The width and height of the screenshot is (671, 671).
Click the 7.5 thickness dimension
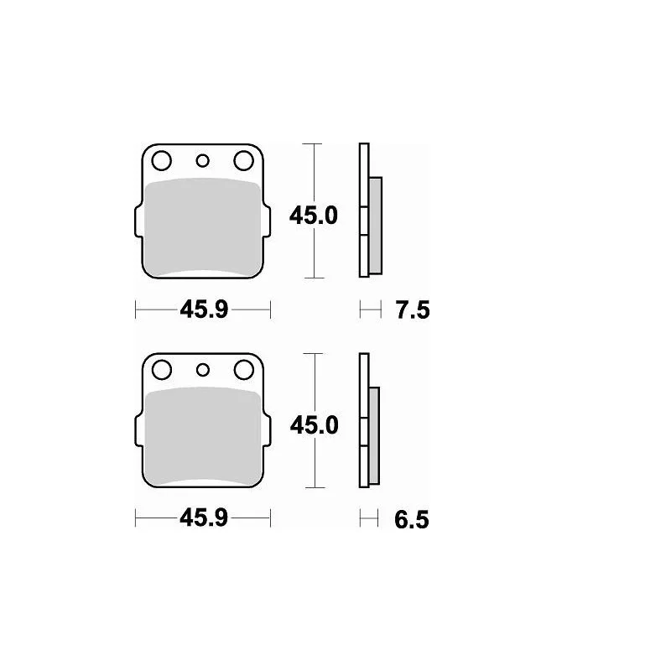tap(411, 311)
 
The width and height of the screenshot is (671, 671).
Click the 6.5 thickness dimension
tap(411, 520)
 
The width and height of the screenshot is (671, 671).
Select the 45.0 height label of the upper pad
tap(313, 216)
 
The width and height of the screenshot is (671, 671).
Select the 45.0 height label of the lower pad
tap(313, 425)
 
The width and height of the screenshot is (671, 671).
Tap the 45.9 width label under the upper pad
tap(203, 311)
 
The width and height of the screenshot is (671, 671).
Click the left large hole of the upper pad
tap(162, 159)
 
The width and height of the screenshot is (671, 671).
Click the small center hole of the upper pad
tap(202, 160)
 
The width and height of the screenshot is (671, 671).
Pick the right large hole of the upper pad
tap(243, 159)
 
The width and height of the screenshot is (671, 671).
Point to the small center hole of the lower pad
tap(202, 369)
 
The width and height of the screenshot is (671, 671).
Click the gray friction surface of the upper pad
tap(202, 226)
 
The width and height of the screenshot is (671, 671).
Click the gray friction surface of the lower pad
tap(202, 436)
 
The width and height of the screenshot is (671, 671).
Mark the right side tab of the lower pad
tap(267, 434)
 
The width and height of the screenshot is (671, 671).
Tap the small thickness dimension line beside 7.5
tap(368, 311)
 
